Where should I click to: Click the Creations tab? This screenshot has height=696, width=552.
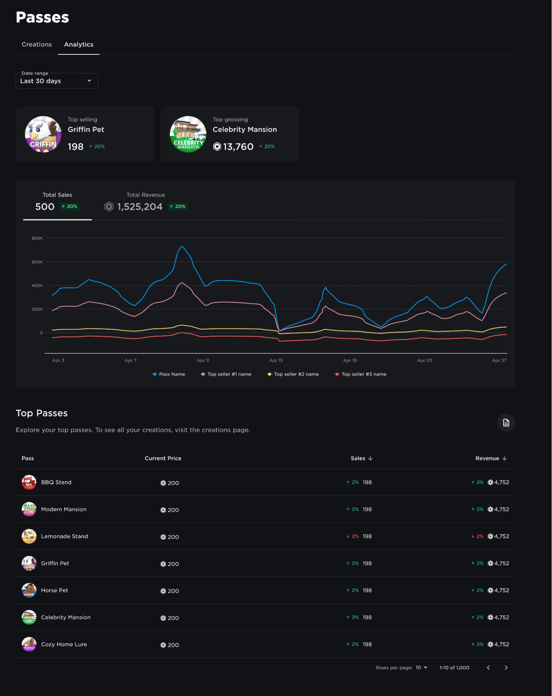point(37,45)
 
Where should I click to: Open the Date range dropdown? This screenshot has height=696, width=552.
point(57,81)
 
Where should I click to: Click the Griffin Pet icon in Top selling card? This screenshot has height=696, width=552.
point(43,134)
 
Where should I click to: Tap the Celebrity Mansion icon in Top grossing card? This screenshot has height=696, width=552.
point(188,134)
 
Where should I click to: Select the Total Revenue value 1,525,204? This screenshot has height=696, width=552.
point(140,207)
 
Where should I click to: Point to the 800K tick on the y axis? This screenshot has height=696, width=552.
point(37,238)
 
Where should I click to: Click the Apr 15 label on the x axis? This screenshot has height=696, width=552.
point(276,360)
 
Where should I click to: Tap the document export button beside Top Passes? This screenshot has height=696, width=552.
point(506,423)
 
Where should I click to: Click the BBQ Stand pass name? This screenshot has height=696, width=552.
point(56,482)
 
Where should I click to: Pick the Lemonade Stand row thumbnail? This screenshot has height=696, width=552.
point(29,536)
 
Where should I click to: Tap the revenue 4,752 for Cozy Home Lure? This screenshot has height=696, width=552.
point(501,644)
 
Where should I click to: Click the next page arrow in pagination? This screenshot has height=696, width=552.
point(506,668)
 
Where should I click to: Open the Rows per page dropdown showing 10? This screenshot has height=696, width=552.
point(421,668)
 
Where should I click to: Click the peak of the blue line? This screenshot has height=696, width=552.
point(182,247)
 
